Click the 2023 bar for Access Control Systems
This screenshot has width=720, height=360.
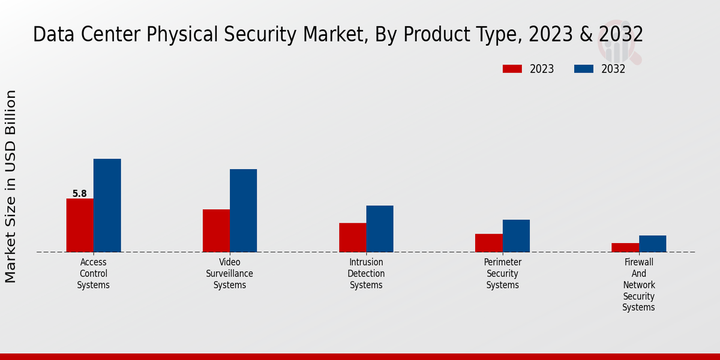point(80,225)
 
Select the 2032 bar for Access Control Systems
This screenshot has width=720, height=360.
point(107,205)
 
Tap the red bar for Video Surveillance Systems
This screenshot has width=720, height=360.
point(216,230)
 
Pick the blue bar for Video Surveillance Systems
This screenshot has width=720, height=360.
point(243,210)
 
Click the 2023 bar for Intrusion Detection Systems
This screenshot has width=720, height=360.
point(352,237)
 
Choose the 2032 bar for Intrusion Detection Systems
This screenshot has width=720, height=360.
point(380,229)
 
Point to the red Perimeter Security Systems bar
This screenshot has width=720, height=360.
point(488,242)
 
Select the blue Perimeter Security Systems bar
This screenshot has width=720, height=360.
point(516,236)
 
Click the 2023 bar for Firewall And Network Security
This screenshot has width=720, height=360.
point(625,247)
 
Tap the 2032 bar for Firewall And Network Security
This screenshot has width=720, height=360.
point(652,244)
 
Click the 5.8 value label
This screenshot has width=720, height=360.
point(79,194)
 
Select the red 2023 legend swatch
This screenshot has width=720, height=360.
point(512,69)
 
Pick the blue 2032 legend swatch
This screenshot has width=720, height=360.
point(583,69)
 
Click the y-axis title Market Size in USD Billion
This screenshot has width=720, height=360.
point(11,186)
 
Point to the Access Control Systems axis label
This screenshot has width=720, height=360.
point(93,274)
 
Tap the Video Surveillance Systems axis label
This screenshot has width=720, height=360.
point(230,274)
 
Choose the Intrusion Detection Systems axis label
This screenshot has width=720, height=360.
point(366,274)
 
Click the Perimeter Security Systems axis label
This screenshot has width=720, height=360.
point(503,274)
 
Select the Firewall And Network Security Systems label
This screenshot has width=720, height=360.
point(639,285)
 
